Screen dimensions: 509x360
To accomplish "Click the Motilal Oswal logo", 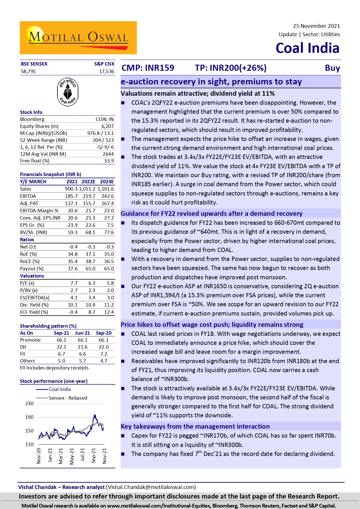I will pyautogui.click(x=78, y=38).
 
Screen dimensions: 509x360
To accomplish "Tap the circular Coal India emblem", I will pyautogui.click(x=68, y=92).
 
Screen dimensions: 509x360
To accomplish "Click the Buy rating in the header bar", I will pyautogui.click(x=332, y=68).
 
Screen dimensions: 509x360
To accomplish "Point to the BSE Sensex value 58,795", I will pyautogui.click(x=28, y=71).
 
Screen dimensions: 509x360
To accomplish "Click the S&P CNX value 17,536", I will pyautogui.click(x=106, y=71).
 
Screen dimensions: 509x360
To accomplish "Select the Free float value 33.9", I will pyautogui.click(x=109, y=161).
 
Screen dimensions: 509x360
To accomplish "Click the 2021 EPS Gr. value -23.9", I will pyautogui.click(x=72, y=225).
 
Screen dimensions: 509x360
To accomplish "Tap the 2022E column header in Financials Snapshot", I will pyautogui.click(x=88, y=182).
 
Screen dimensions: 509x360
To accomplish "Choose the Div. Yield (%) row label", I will pyautogui.click(x=34, y=305).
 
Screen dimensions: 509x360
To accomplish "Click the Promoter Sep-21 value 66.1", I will pyautogui.click(x=61, y=340).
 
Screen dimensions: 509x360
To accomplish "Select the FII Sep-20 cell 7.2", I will pyautogui.click(x=104, y=354).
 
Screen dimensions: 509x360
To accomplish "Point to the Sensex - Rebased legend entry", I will pyautogui.click(x=68, y=398).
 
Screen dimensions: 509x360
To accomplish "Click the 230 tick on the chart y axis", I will pyautogui.click(x=29, y=403).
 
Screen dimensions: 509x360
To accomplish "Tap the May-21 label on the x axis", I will pyautogui.click(x=72, y=456).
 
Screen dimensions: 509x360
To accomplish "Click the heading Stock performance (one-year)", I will pyautogui.click(x=54, y=381).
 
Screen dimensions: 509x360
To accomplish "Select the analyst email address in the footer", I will pyautogui.click(x=151, y=487).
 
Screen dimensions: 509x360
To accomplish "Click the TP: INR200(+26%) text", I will pyautogui.click(x=231, y=68).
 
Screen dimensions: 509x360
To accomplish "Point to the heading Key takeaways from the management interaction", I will pyautogui.click(x=195, y=426).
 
